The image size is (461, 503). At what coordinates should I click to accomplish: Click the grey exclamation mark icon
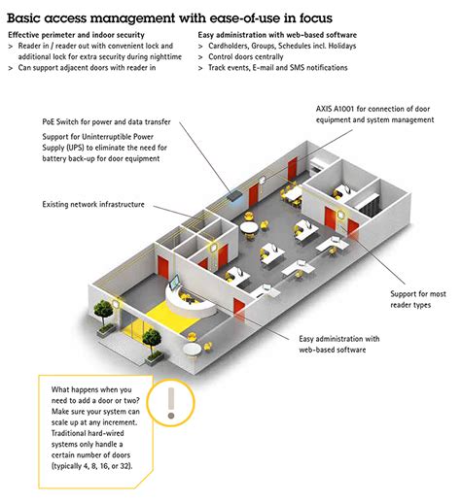click(171, 400)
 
